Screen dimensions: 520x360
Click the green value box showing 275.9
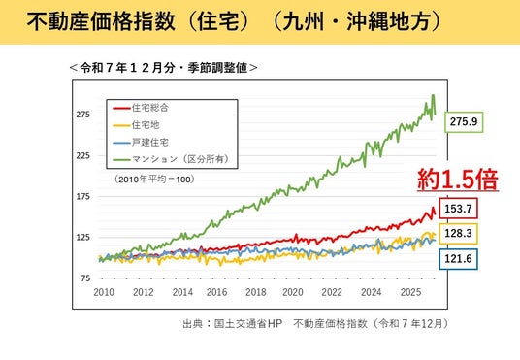(x=464, y=122)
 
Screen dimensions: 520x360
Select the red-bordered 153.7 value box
(x=458, y=209)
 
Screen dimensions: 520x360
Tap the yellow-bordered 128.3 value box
(x=458, y=234)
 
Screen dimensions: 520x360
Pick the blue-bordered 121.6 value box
(x=458, y=259)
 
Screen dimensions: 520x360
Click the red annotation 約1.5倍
(x=458, y=180)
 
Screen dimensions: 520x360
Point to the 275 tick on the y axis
(x=82, y=115)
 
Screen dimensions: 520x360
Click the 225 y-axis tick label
(x=82, y=155)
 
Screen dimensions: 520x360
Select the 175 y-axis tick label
(x=82, y=197)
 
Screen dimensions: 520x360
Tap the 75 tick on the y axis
(x=85, y=278)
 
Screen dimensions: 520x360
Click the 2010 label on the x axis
(x=104, y=292)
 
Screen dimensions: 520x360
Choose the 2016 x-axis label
(x=217, y=292)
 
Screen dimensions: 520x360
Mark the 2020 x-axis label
(x=293, y=292)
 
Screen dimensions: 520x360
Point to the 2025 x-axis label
(x=411, y=292)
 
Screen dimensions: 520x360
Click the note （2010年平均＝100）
(x=155, y=180)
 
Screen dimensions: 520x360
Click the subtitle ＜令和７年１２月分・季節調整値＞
(x=164, y=68)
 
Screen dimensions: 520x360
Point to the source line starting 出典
(x=315, y=323)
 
